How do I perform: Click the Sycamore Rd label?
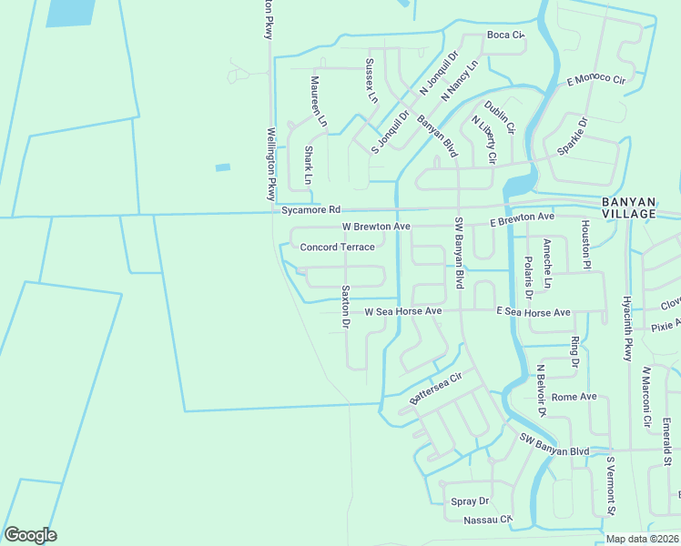pyautogui.click(x=310, y=209)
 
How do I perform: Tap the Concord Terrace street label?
pyautogui.click(x=337, y=247)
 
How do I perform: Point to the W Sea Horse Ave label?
pyautogui.click(x=402, y=311)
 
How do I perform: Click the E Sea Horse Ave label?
pyautogui.click(x=533, y=312)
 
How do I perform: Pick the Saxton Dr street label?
pyautogui.click(x=345, y=307)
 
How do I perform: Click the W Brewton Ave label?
pyautogui.click(x=376, y=226)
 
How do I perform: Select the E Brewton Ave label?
pyautogui.click(x=522, y=219)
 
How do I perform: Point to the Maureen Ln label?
pyautogui.click(x=316, y=102)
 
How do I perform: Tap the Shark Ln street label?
pyautogui.click(x=309, y=166)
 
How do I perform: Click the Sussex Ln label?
pyautogui.click(x=370, y=79)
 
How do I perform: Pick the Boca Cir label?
pyautogui.click(x=506, y=35)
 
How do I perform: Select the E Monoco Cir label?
pyautogui.click(x=597, y=80)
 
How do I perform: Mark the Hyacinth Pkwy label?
pyautogui.click(x=627, y=328)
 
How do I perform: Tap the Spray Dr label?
pyautogui.click(x=470, y=501)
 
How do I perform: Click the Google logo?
pyautogui.click(x=30, y=535)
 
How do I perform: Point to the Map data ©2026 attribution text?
pyautogui.click(x=642, y=539)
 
